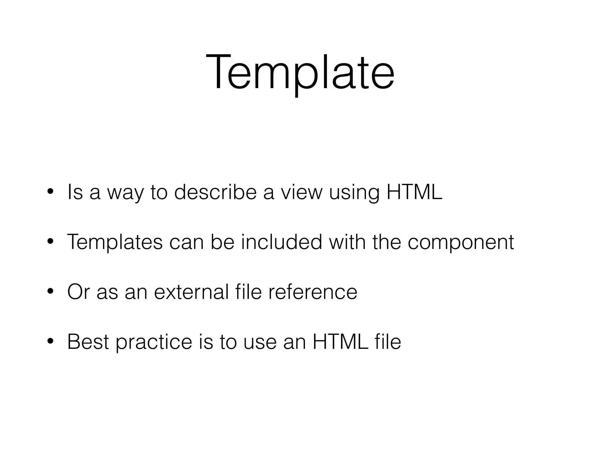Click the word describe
215,192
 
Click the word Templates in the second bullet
115,242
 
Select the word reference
313,292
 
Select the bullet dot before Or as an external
50,292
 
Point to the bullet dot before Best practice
50,341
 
